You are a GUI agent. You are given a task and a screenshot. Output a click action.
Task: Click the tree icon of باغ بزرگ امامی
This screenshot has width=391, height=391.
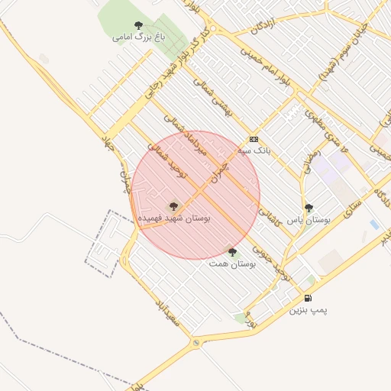[138, 25]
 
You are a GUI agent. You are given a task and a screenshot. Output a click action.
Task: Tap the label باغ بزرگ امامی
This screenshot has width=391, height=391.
[138, 37]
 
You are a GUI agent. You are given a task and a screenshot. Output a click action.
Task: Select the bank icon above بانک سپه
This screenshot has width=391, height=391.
[254, 140]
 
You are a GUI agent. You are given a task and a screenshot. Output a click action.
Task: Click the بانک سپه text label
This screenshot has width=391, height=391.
[254, 150]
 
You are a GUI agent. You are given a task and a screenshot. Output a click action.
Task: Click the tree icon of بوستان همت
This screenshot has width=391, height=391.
[232, 251]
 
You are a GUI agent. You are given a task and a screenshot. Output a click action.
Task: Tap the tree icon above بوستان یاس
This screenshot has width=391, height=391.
[309, 207]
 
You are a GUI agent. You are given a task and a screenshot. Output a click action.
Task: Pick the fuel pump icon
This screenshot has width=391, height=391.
[308, 298]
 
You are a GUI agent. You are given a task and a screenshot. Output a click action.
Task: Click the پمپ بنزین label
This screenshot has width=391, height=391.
[309, 310]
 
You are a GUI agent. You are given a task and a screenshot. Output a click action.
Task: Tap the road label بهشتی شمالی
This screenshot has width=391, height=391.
[212, 98]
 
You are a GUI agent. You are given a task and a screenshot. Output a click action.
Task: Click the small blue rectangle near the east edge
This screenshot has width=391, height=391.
[373, 224]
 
